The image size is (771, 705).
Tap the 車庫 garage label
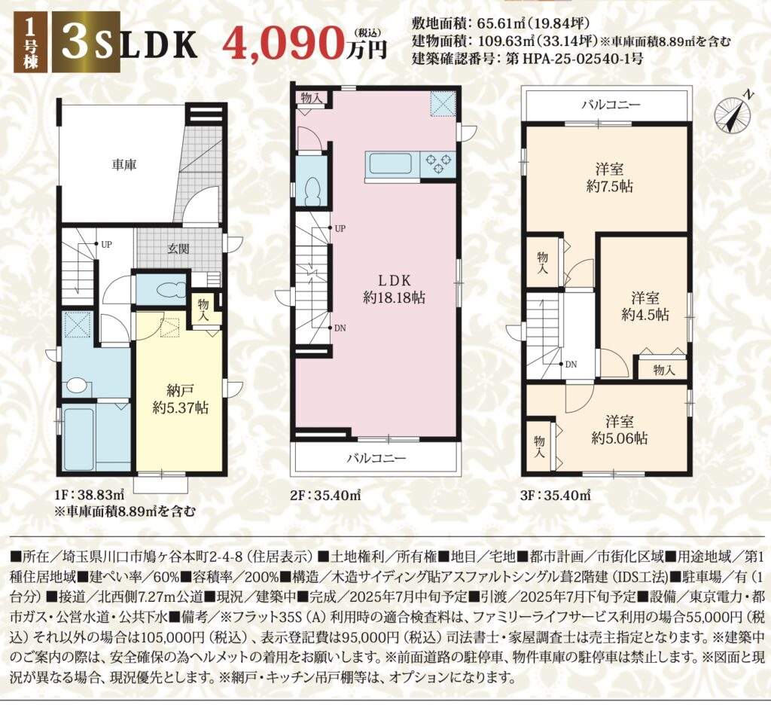tap(123, 165)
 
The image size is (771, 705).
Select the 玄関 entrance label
tap(178, 249)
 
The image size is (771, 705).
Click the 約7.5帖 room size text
tap(609, 187)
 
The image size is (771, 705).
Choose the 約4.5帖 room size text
tap(645, 314)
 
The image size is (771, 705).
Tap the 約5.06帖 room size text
tap(619, 438)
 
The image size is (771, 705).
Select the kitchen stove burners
tap(438, 164)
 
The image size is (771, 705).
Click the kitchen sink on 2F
tap(391, 163)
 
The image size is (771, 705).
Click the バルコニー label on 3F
tap(611, 105)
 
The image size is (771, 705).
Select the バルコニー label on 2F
tap(376, 459)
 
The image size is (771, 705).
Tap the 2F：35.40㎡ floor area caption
tap(325, 495)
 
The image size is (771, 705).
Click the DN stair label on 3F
tap(571, 365)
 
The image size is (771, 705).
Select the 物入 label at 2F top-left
tap(311, 97)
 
